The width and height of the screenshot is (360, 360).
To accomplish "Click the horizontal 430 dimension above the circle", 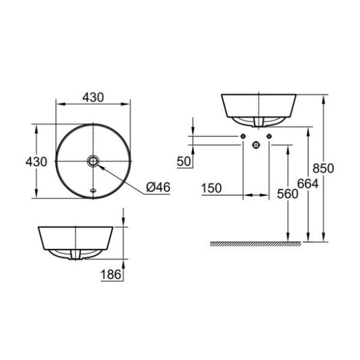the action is coord(93,98).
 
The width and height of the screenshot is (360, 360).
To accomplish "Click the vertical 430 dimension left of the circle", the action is coord(36,162).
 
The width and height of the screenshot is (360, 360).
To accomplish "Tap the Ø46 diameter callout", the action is coord(158,187).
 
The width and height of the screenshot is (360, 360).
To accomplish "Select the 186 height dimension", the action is coord(110,274).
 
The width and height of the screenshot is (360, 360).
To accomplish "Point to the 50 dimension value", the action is coord(183,161).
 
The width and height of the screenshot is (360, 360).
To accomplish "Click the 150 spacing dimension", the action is coord(212,188).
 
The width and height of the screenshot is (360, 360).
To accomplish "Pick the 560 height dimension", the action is coord(288,194).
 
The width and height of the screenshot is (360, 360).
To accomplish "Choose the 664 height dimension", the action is coord(308,183).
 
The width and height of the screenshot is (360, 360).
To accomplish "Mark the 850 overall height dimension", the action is coord(323,168).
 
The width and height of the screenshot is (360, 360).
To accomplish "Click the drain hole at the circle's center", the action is coord(93,161).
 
